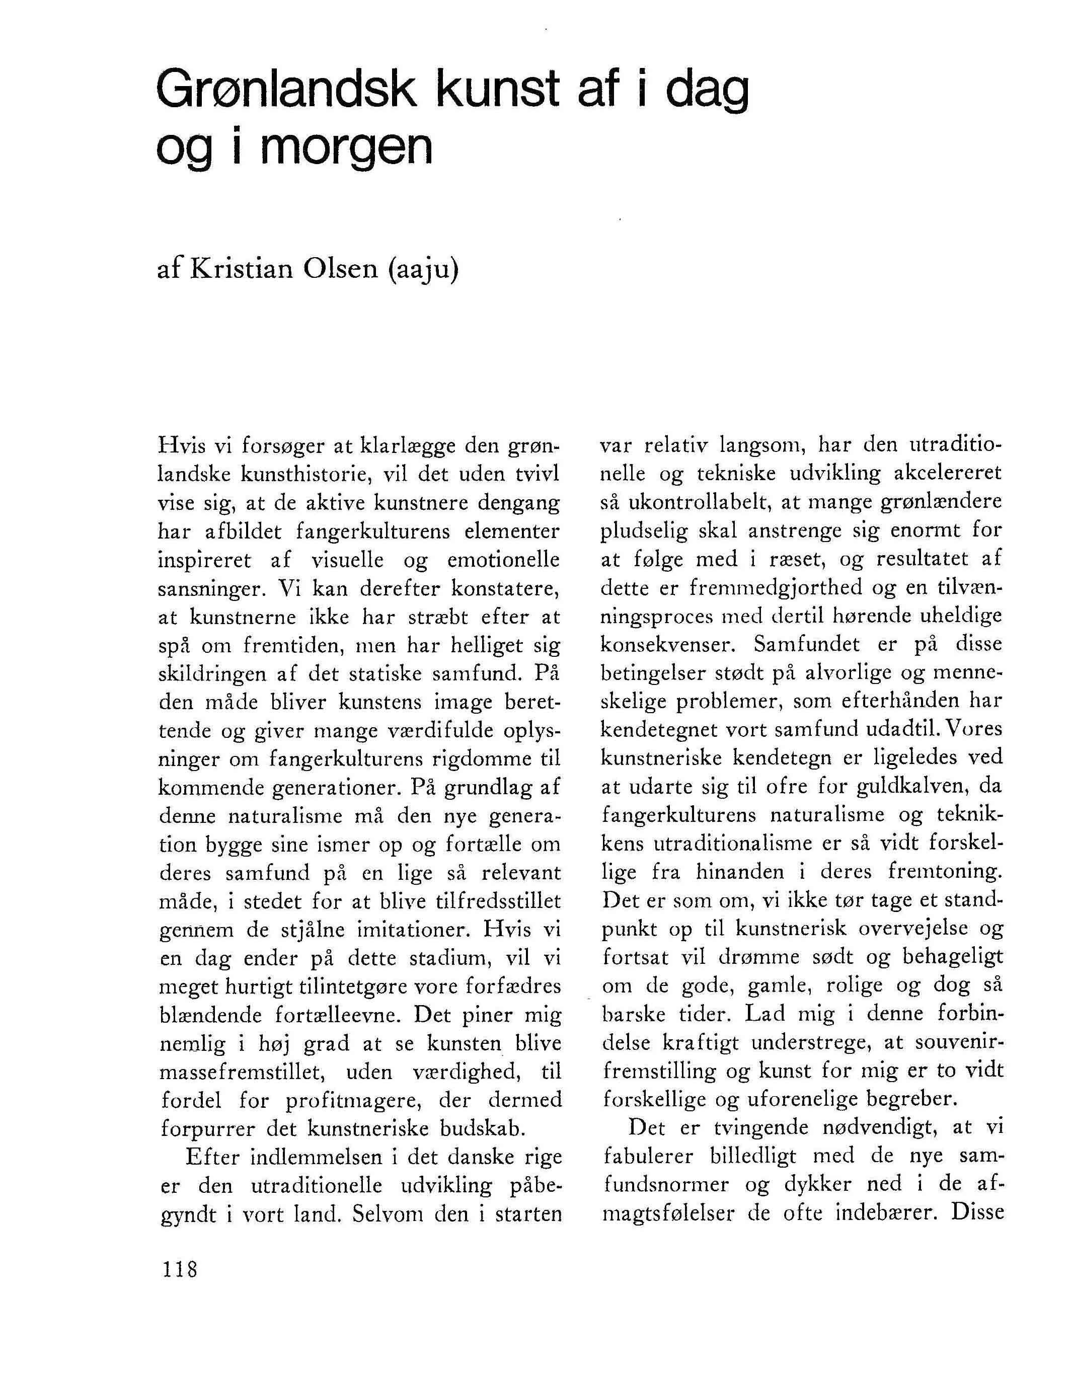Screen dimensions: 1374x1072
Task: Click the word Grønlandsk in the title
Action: [286, 91]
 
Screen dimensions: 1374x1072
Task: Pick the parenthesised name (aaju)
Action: [423, 270]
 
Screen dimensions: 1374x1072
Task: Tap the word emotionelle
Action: [503, 560]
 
